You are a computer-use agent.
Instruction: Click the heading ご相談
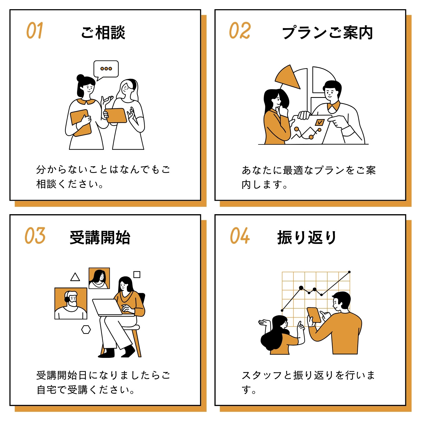[103, 32]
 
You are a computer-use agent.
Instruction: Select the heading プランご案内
[328, 32]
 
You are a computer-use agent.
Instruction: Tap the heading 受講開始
[100, 237]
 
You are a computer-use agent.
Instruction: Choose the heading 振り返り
[307, 237]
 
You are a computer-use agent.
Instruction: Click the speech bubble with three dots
[106, 69]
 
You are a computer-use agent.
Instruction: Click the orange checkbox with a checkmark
[320, 122]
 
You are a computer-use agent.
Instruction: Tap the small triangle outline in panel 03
[75, 277]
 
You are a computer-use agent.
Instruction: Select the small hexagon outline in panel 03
[86, 329]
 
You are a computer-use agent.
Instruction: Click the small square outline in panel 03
[137, 274]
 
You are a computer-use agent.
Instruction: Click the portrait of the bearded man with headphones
[71, 303]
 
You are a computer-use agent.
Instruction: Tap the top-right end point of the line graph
[349, 272]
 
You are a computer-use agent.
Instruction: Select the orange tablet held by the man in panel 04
[314, 315]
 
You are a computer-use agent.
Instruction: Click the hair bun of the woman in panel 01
[81, 78]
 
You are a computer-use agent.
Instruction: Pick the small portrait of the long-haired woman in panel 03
[99, 278]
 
